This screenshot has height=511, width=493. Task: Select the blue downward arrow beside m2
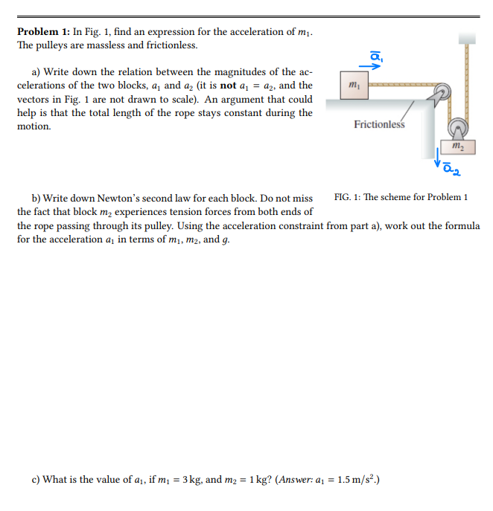439,156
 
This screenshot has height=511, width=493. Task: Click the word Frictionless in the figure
379,124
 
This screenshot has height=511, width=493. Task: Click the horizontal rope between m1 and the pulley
402,87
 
